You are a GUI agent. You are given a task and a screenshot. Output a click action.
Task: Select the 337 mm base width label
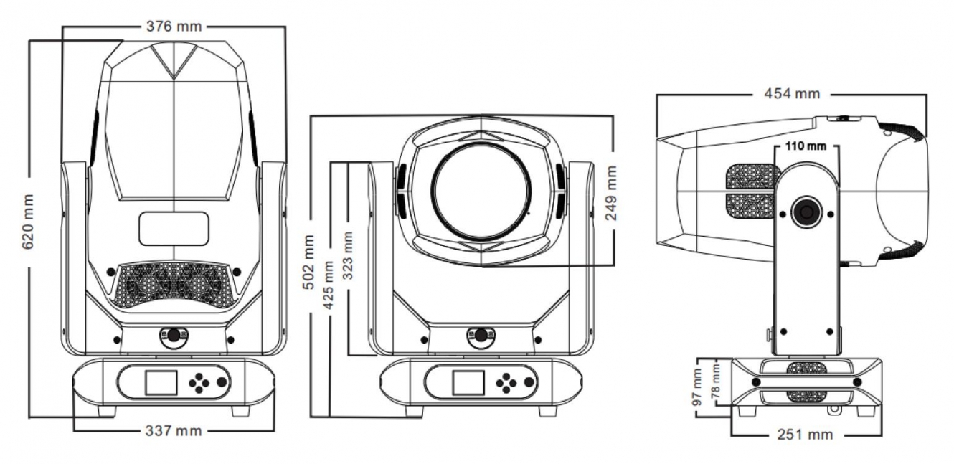[x=174, y=430]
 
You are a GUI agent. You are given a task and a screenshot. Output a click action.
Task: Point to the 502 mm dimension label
[x=310, y=257]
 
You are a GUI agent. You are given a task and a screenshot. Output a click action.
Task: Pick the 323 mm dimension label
[x=349, y=257]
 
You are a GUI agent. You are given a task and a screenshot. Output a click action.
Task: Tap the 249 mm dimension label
[x=611, y=194]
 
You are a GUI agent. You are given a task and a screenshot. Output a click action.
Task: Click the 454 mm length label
[x=791, y=93]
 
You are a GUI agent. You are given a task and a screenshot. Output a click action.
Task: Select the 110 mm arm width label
[x=806, y=146]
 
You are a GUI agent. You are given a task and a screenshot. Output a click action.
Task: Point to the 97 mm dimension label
[x=696, y=388]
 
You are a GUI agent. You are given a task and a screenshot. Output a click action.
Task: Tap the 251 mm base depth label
[x=806, y=435]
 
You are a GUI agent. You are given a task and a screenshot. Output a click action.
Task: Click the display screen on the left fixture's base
[x=161, y=382]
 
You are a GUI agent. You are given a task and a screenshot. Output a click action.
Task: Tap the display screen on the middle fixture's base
[x=466, y=382]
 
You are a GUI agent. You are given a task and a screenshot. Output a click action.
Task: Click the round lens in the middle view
[x=481, y=191]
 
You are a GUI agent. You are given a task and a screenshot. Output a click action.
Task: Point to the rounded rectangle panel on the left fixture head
[x=174, y=229]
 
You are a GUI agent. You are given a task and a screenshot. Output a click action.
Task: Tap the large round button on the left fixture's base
[x=221, y=382]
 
